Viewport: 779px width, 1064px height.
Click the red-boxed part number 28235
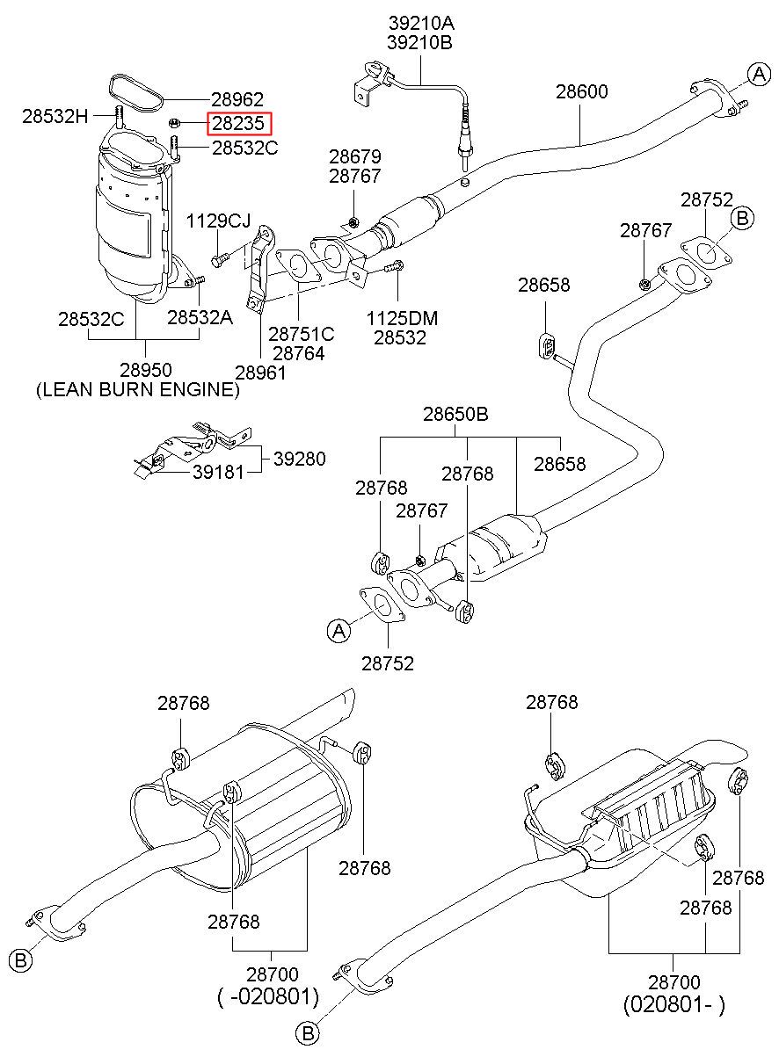click(x=238, y=124)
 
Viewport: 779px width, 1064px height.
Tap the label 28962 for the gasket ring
click(x=237, y=99)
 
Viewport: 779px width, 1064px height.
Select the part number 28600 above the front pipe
click(x=582, y=91)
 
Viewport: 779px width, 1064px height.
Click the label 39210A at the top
click(x=421, y=23)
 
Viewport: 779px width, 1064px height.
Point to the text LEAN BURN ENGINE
click(x=138, y=389)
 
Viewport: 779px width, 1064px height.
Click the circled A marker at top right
click(x=759, y=75)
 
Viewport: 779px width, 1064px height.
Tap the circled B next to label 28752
click(x=742, y=218)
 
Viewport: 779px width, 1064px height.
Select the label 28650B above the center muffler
click(x=455, y=414)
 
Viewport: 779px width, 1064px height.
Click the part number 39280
click(x=300, y=459)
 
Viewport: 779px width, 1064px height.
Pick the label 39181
click(x=218, y=472)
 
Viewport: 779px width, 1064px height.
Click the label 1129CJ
click(x=218, y=221)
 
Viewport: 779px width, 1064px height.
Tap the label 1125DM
click(x=402, y=318)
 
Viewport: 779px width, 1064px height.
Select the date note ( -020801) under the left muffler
click(x=268, y=996)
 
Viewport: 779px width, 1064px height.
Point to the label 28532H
click(x=55, y=116)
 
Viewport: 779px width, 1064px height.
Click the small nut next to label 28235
click(x=174, y=124)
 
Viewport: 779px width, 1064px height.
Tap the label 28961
click(x=260, y=373)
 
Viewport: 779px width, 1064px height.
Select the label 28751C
click(x=302, y=335)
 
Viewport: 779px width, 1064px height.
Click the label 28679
click(x=355, y=156)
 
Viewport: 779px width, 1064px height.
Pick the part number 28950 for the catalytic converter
click(x=145, y=370)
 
